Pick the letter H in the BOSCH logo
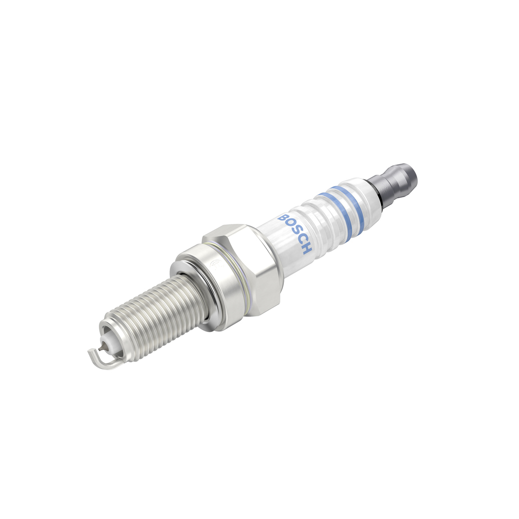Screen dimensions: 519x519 tap(306, 249)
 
